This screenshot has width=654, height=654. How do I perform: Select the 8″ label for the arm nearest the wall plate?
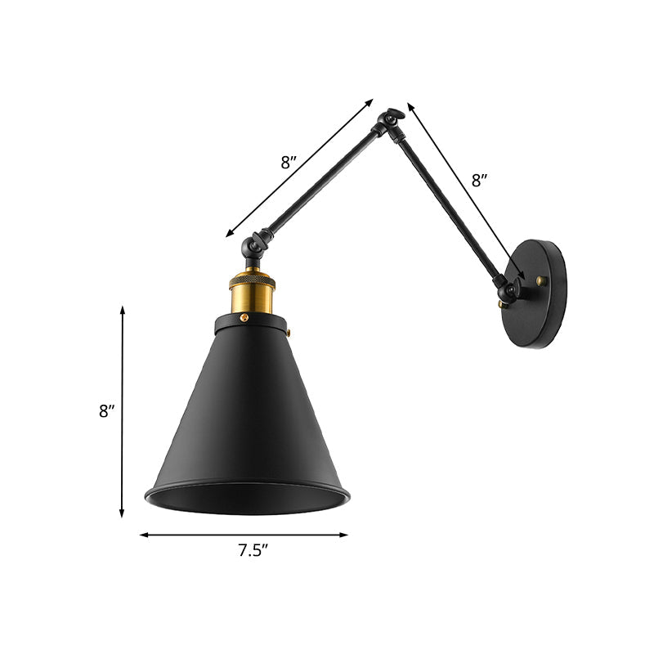tap(481, 181)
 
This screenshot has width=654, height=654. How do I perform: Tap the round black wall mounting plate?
tap(540, 293)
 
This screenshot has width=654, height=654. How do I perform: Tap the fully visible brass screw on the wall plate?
tap(540, 281)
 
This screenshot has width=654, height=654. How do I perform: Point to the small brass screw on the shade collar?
tap(292, 332)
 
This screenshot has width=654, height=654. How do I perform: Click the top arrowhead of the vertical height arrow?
tap(123, 310)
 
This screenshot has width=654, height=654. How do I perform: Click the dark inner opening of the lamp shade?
tap(248, 497)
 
